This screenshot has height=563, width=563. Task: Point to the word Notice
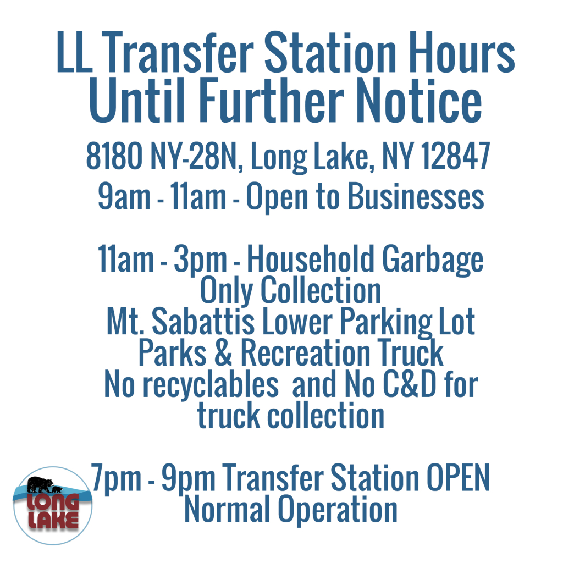[420, 101]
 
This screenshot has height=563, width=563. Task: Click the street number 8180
[114, 156]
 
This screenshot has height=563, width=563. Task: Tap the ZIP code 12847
[455, 156]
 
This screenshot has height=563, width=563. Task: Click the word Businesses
[416, 197]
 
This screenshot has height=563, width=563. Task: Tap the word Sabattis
[203, 322]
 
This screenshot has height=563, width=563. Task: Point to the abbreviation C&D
[410, 384]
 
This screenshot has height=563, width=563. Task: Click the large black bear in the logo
[40, 484]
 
